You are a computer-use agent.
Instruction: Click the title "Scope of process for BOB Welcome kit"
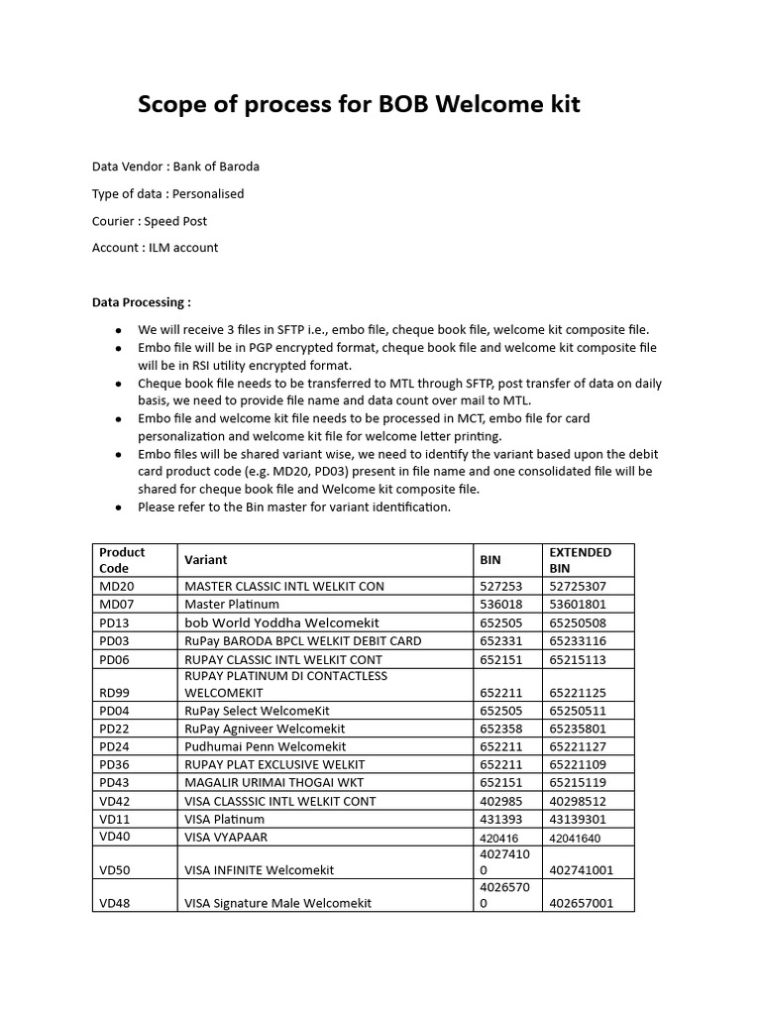click(x=359, y=105)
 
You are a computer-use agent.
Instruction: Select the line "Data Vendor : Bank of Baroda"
click(x=175, y=167)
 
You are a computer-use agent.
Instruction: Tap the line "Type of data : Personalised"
click(x=167, y=193)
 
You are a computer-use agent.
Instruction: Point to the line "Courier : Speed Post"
click(x=150, y=221)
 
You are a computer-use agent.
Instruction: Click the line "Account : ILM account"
click(x=155, y=248)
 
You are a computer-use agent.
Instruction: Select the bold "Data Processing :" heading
click(x=142, y=302)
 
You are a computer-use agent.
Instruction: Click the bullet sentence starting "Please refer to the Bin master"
click(x=293, y=507)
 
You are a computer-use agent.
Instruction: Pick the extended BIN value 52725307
click(x=577, y=586)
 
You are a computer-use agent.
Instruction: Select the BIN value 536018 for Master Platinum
click(x=500, y=604)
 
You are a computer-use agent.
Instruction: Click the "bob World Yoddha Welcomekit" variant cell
click(x=281, y=622)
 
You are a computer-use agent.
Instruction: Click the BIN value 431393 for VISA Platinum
click(x=500, y=820)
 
